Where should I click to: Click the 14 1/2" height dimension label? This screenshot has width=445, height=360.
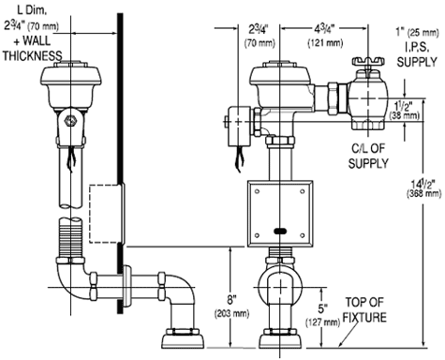tap(423, 184)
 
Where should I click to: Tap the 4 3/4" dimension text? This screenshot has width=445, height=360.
tap(324, 30)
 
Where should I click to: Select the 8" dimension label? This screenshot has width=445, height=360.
tap(230, 300)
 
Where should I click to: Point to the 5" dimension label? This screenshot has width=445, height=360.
tap(322, 309)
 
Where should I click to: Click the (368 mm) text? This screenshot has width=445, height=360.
tap(423, 194)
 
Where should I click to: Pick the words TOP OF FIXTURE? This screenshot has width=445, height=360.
tap(364, 309)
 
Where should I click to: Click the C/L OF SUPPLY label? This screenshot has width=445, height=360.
tap(368, 156)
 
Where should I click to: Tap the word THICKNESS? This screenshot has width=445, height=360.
tap(33, 55)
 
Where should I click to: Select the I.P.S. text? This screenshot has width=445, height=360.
tap(417, 47)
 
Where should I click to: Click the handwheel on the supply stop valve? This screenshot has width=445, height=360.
tap(368, 61)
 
